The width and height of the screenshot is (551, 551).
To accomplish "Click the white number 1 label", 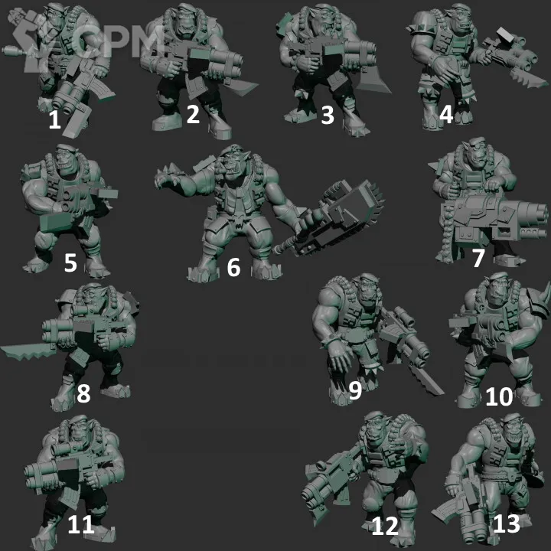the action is (54, 120).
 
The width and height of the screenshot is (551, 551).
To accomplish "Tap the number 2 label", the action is (193, 114).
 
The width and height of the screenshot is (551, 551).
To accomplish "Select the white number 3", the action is (328, 116).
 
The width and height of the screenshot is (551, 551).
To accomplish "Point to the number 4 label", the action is (446, 114).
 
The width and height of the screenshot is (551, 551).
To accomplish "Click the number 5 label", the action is (70, 262).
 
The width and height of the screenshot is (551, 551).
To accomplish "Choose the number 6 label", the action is (233, 267).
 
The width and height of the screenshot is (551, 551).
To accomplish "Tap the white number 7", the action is (478, 259).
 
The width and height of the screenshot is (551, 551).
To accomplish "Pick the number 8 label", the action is (83, 393).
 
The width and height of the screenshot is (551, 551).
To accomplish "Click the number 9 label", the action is (355, 390).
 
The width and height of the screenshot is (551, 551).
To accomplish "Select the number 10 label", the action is (499, 397).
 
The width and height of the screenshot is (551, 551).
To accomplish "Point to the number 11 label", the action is (81, 525).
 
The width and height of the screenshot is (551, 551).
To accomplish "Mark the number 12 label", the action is (385, 526).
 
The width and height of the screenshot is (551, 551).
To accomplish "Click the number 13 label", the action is (507, 523).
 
